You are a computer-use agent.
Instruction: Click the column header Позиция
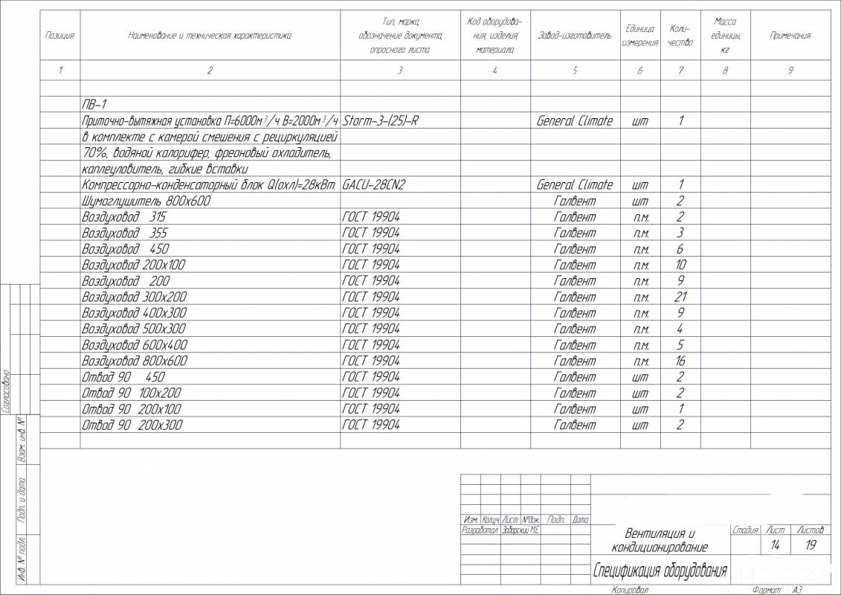pyautogui.click(x=59, y=35)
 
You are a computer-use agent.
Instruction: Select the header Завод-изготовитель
pyautogui.click(x=574, y=35)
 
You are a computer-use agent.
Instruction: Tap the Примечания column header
pyautogui.click(x=790, y=35)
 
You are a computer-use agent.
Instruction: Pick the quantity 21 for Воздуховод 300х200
pyautogui.click(x=680, y=297)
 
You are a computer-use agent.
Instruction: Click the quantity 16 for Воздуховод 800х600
pyautogui.click(x=680, y=361)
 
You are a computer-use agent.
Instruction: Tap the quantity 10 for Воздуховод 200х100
pyautogui.click(x=680, y=265)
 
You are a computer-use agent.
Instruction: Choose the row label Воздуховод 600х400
pyautogui.click(x=135, y=345)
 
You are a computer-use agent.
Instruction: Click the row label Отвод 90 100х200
pyautogui.click(x=132, y=393)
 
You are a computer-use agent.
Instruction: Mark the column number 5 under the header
pyautogui.click(x=575, y=71)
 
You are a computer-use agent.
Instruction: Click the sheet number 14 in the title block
pyautogui.click(x=775, y=545)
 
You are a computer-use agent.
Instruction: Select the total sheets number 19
pyautogui.click(x=811, y=545)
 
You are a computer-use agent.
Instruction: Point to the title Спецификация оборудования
pyautogui.click(x=659, y=571)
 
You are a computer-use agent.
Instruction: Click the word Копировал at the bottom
pyautogui.click(x=631, y=590)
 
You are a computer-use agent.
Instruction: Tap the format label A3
pyautogui.click(x=797, y=590)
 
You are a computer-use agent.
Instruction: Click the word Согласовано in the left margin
pyautogui.click(x=7, y=390)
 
